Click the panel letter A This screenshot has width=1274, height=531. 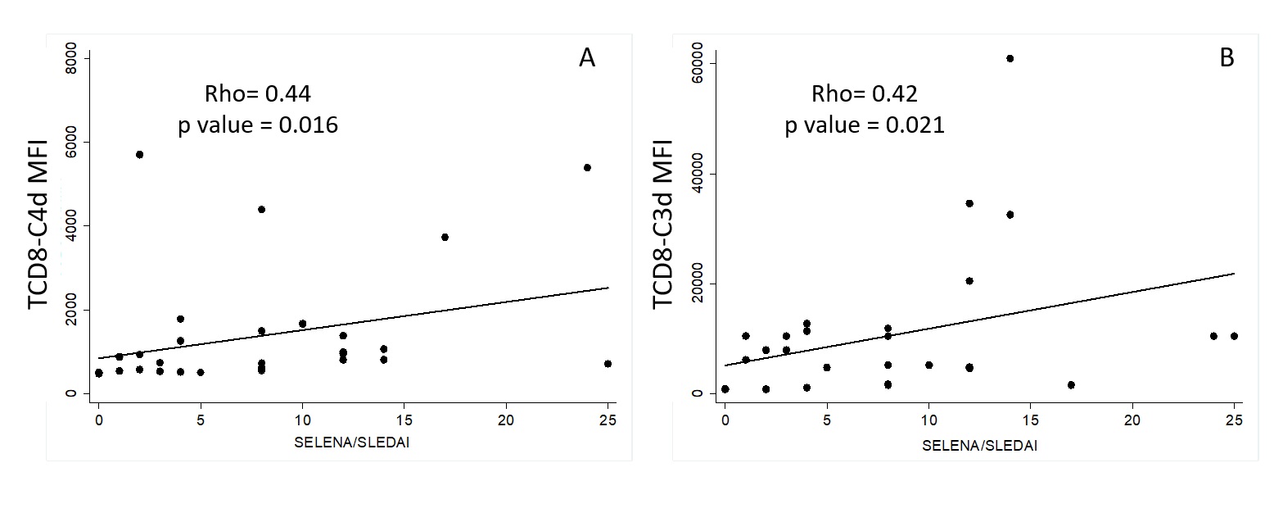(587, 58)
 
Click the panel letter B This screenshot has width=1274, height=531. (1227, 58)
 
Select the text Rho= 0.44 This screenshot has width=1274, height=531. (257, 95)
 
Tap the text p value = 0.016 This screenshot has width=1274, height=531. (258, 126)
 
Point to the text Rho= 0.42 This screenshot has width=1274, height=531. (865, 95)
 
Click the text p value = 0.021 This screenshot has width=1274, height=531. (865, 126)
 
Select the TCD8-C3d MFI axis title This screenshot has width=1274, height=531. (664, 224)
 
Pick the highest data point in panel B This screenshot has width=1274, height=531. (1010, 58)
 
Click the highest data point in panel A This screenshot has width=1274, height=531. (139, 154)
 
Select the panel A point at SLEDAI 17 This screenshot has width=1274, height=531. (445, 237)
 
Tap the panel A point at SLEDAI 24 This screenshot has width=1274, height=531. (587, 167)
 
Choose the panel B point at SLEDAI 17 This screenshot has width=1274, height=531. (1071, 384)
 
